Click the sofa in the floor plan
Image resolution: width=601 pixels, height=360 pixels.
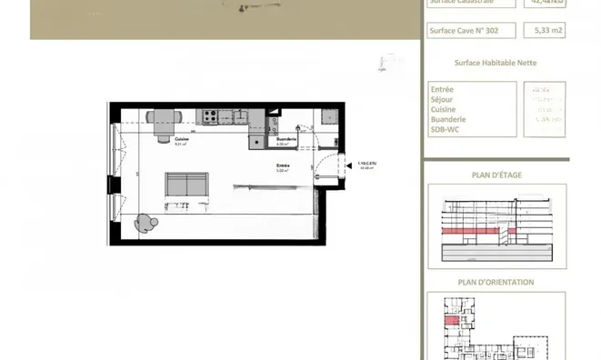186,184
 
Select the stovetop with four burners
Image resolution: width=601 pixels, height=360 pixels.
208,116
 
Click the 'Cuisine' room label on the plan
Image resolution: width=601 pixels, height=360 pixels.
181,139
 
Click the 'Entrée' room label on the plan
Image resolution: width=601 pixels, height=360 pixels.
283,165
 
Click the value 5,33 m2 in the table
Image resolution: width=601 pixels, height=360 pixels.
544,30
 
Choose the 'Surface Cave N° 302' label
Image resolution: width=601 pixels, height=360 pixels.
465,30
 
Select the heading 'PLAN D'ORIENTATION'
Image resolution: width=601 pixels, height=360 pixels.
496,282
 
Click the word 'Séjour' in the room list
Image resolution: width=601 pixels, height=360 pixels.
443,99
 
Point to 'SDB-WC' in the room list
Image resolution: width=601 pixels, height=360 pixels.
446,128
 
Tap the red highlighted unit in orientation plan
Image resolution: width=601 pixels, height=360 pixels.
451,320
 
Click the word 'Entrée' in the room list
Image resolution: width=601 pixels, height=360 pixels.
443,89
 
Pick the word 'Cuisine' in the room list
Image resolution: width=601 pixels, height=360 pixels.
444,109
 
